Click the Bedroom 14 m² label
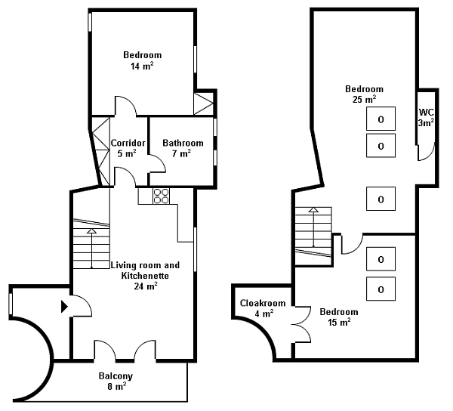tap(142, 60)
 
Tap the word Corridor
tap(128, 143)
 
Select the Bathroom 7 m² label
tap(183, 148)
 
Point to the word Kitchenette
tap(145, 276)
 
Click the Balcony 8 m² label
tap(116, 381)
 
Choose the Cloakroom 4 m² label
tap(263, 308)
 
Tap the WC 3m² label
tap(426, 117)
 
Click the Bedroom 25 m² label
tap(365, 94)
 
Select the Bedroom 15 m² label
tap(339, 317)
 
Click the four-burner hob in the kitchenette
tap(162, 196)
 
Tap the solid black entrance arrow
tap(64, 307)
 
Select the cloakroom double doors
tap(302, 324)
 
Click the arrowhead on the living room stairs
tap(91, 230)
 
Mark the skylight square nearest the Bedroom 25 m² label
tap(381, 119)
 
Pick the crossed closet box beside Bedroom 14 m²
tap(203, 104)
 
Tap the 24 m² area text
tap(146, 286)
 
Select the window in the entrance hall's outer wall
tap(11, 304)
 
